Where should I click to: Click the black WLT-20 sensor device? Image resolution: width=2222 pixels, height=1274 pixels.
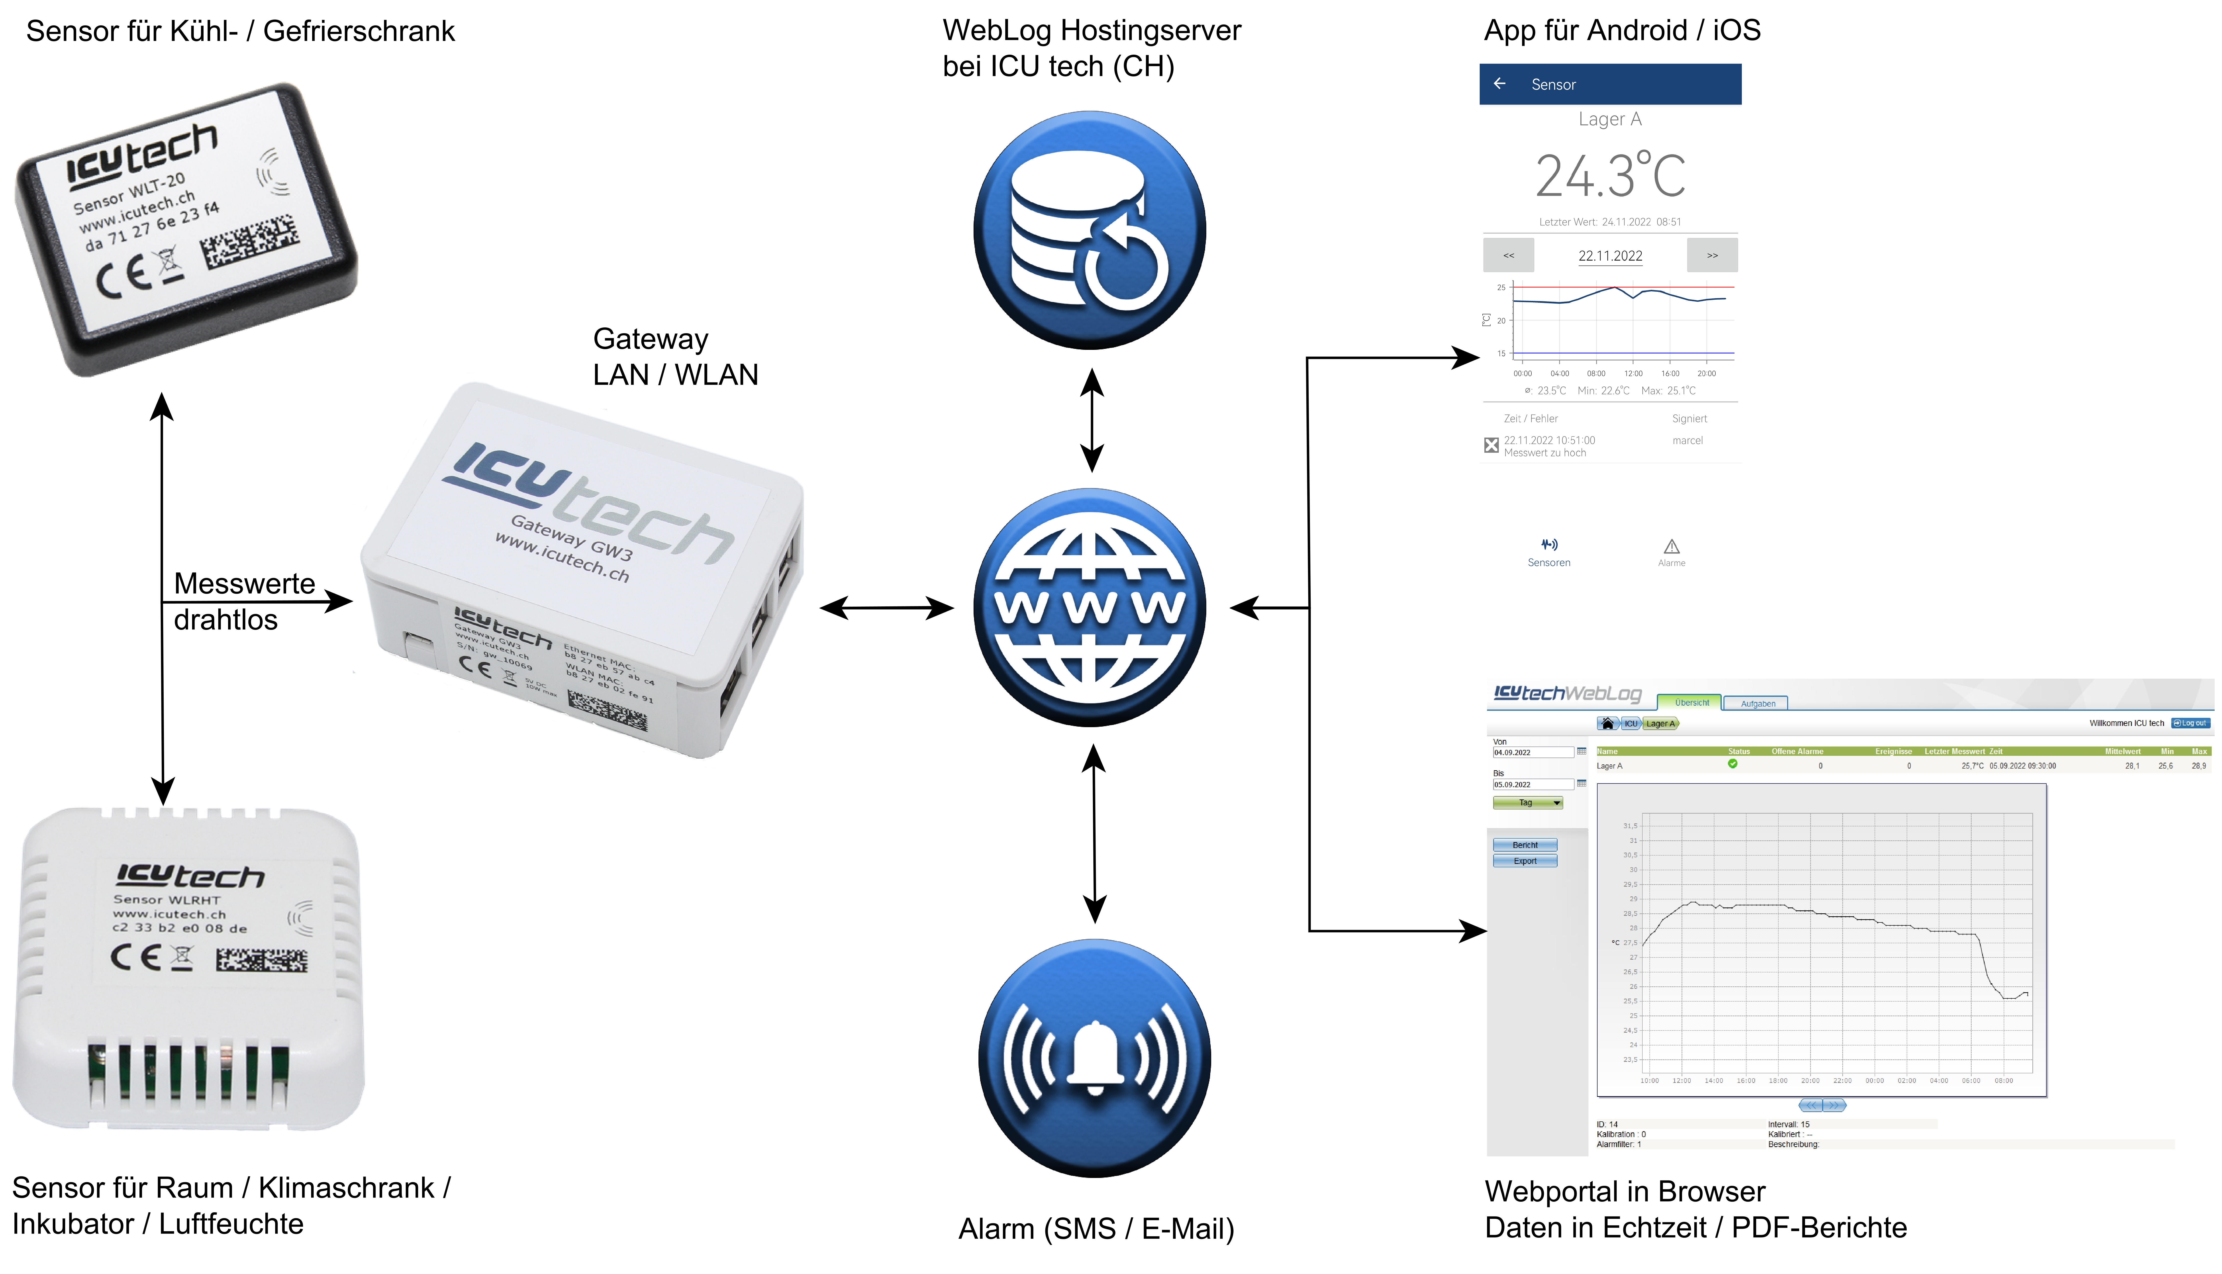click(185, 229)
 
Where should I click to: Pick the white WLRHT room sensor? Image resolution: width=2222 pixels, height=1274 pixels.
click(188, 967)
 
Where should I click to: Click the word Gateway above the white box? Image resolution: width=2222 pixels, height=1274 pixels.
click(650, 339)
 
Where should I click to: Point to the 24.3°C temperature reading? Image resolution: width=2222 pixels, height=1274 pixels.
click(1610, 176)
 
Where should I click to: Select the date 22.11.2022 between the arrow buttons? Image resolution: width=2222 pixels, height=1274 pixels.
click(1610, 256)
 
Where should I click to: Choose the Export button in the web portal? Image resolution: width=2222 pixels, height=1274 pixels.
click(1525, 861)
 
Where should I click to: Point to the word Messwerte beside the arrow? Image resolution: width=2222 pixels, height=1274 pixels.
click(244, 584)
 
